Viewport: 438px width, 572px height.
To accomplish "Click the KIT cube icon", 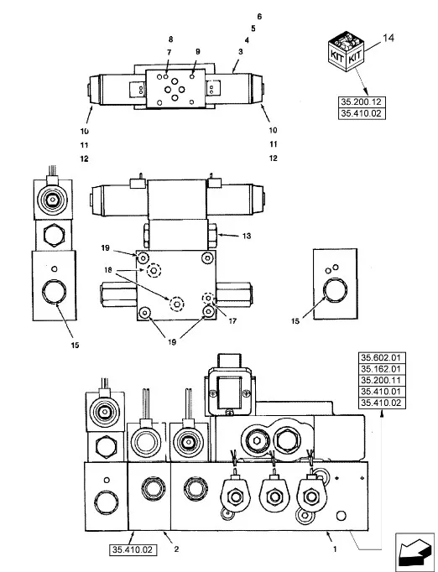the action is point(346,51).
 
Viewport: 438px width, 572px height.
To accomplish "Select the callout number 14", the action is point(388,38).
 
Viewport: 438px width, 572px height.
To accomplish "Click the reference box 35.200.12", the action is point(362,101).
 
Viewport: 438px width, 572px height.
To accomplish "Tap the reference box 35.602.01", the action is point(382,358).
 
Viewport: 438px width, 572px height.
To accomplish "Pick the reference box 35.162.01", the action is point(382,369).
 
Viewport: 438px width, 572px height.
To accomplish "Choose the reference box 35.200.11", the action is point(382,381).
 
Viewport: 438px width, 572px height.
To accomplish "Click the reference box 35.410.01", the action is point(382,392).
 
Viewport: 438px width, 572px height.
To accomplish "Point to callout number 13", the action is point(247,236).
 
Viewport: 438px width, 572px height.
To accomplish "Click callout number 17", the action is point(232,321).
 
